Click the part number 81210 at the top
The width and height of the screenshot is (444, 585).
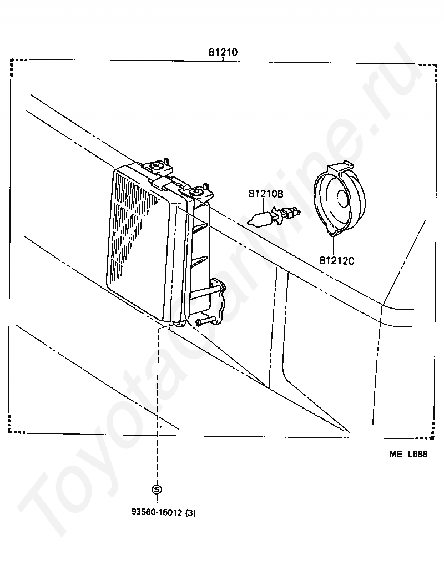click(223, 53)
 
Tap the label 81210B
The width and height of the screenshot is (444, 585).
click(265, 194)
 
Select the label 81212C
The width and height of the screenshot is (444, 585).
click(336, 260)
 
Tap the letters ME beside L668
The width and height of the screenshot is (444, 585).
click(395, 454)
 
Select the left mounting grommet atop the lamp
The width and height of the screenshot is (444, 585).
click(158, 166)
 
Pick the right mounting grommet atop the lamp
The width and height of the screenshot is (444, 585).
click(197, 192)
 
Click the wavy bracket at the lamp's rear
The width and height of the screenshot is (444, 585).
click(219, 302)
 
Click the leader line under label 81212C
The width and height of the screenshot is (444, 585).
click(335, 246)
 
